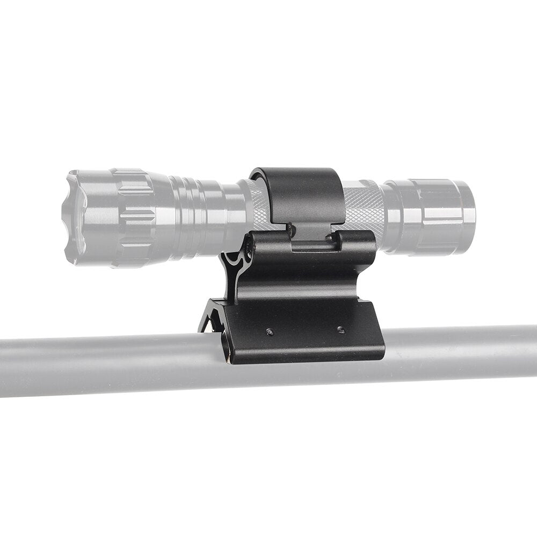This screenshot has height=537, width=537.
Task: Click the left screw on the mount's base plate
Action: (270, 332)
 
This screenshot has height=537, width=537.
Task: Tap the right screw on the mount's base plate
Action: (339, 329)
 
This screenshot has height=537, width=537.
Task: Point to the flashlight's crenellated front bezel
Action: (72, 217)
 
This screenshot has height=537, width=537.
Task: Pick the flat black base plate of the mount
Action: (306, 336)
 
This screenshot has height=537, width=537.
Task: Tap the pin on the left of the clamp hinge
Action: (290, 229)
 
